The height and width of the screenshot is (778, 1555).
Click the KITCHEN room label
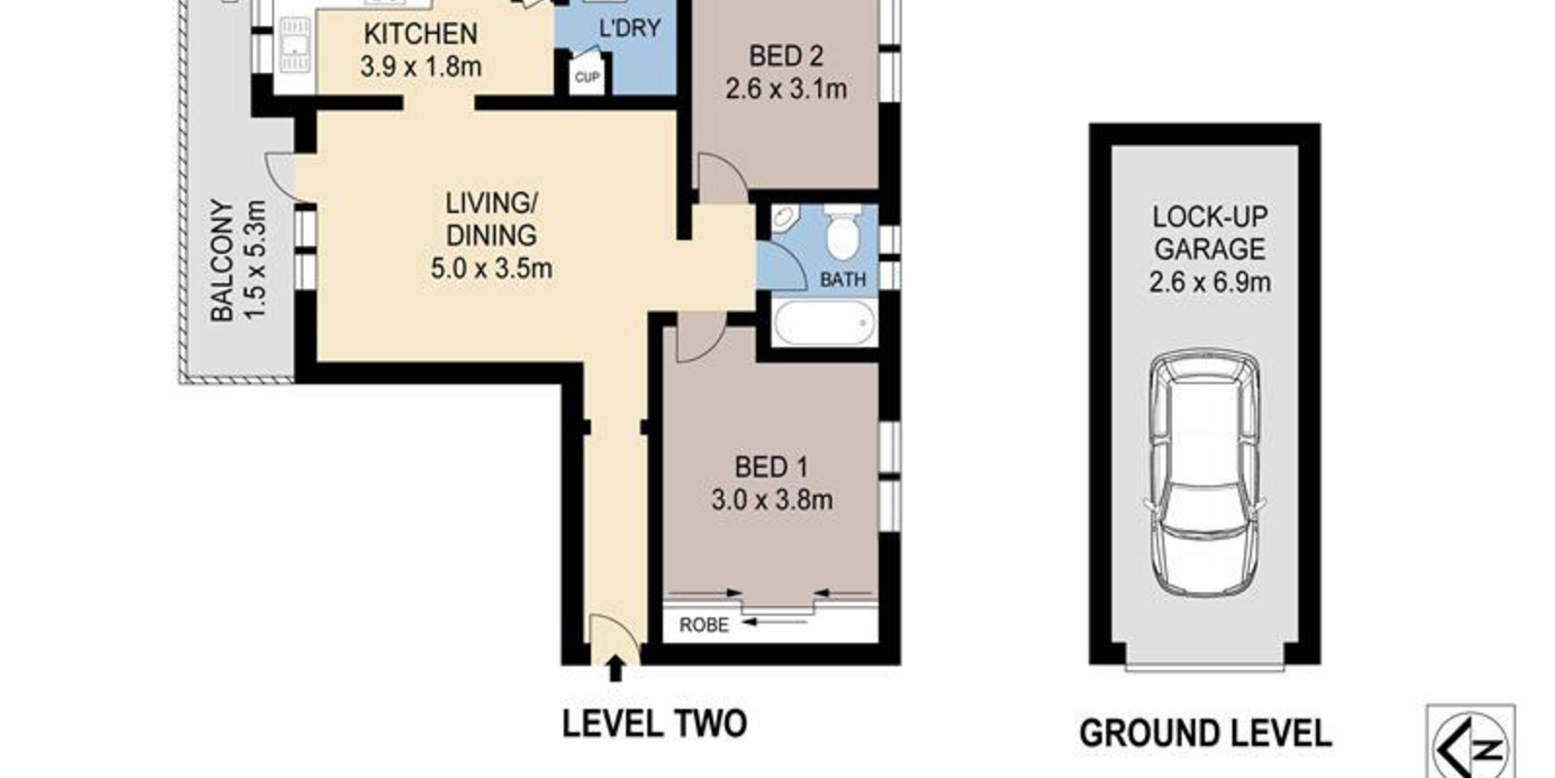(421, 33)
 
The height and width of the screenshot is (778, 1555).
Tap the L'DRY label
(630, 28)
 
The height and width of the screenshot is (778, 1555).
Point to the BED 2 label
(786, 55)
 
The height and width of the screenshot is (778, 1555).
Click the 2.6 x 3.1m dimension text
(786, 88)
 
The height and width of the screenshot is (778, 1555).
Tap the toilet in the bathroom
(842, 230)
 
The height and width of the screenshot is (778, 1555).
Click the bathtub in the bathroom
(824, 322)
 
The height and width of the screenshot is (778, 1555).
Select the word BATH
(843, 279)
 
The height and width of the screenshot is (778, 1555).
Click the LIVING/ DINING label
(491, 219)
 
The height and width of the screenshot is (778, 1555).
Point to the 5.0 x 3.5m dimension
(491, 268)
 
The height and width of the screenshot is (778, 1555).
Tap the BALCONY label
(222, 261)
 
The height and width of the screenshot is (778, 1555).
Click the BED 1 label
(772, 467)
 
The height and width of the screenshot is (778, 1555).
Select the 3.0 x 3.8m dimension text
(772, 500)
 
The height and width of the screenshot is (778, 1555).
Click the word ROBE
(704, 625)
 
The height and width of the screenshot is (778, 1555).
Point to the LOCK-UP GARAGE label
(1209, 232)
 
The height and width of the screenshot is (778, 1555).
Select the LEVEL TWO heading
(654, 724)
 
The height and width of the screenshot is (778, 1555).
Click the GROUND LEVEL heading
(1205, 733)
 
